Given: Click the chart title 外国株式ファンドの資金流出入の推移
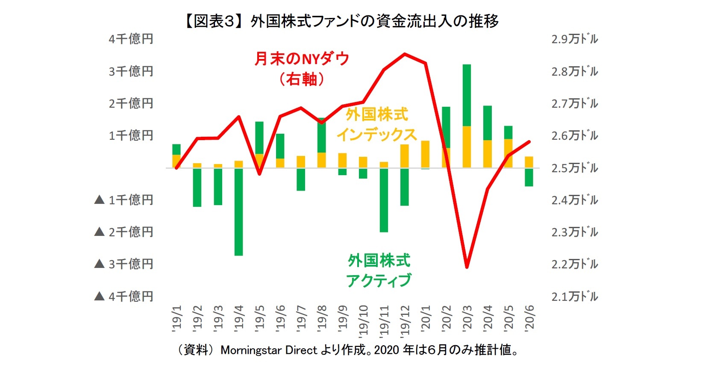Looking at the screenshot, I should click(342, 21).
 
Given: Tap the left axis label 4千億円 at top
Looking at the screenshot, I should click(131, 39).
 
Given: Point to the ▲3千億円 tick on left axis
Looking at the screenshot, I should click(124, 264).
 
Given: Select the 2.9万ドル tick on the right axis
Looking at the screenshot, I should click(575, 39).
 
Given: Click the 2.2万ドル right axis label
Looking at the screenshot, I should click(575, 264).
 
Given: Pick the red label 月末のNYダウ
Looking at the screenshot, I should click(302, 59).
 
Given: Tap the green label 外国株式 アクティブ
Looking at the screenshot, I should click(379, 270).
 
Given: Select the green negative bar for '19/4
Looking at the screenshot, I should click(238, 212).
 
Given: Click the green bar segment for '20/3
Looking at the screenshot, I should click(467, 95).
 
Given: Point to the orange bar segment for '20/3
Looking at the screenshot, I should click(467, 147).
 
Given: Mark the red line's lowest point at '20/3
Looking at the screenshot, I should click(467, 267).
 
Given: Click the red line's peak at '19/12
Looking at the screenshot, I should click(405, 54).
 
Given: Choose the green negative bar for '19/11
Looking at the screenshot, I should click(384, 200).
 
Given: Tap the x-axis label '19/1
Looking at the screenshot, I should click(176, 318).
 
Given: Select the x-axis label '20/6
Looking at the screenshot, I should click(529, 318).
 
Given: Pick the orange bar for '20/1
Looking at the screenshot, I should click(425, 154).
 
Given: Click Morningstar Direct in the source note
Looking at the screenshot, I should click(269, 350).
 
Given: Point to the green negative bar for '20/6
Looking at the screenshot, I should click(529, 177).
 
